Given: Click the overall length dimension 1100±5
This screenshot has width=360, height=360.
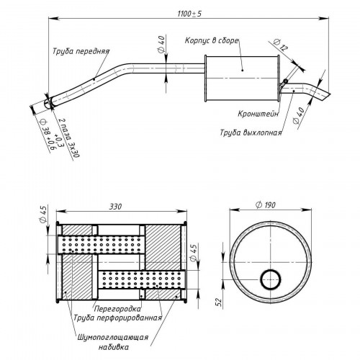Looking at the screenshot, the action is (x=189, y=14).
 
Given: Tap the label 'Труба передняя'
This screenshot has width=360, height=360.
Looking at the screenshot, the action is (x=81, y=51).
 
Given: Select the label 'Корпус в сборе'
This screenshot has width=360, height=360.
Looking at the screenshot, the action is (x=212, y=40).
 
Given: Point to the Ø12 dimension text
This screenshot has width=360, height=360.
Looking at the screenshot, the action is (x=281, y=45).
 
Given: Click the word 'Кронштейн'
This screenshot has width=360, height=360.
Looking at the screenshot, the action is (x=258, y=114).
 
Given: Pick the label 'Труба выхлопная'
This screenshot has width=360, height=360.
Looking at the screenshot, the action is (x=251, y=132).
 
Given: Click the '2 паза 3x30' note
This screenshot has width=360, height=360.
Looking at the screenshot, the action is (x=69, y=138).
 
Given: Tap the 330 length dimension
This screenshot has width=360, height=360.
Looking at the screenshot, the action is (x=115, y=207).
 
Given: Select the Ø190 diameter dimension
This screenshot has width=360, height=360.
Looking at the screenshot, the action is (x=266, y=205).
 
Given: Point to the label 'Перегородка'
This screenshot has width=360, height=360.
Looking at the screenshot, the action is (x=117, y=308).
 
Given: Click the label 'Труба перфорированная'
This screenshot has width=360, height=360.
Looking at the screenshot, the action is (x=117, y=318).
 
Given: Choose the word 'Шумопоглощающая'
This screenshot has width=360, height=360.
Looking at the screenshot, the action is (x=113, y=338).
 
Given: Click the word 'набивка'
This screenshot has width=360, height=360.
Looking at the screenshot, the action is (x=113, y=347).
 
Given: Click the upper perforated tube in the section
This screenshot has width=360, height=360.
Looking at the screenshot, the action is (x=101, y=245).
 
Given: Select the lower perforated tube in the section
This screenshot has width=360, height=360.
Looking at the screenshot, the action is (x=142, y=280).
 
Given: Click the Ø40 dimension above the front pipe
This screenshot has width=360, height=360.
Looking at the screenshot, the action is (x=162, y=44).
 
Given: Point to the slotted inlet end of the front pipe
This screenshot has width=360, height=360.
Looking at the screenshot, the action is (x=48, y=104).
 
